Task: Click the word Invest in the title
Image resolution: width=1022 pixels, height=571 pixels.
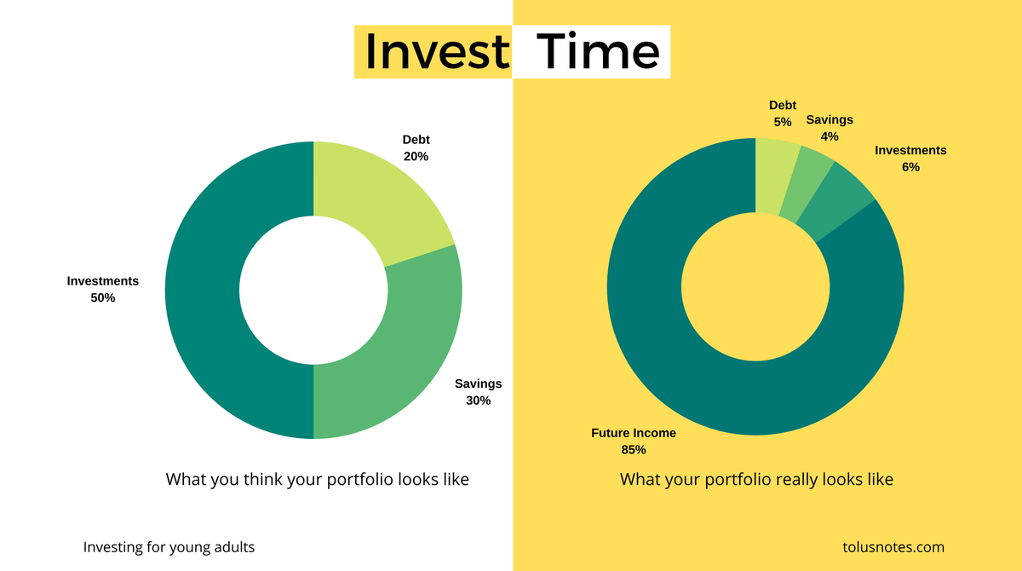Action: (436, 51)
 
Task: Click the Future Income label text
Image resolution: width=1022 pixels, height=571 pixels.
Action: (634, 433)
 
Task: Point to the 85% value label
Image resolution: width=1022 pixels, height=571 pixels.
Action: (634, 449)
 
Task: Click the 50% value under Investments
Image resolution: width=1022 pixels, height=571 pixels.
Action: (102, 298)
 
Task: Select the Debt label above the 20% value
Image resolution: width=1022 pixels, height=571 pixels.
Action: (416, 140)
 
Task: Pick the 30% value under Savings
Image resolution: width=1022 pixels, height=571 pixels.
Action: (478, 401)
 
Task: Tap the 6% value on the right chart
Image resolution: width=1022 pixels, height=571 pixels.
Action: (910, 167)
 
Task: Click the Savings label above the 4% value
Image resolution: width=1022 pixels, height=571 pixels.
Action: (830, 119)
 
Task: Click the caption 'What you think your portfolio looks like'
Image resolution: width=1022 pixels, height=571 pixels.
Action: (317, 480)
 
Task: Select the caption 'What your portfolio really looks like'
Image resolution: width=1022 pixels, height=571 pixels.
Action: (756, 480)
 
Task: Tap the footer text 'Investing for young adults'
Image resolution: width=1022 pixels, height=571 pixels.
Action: (169, 547)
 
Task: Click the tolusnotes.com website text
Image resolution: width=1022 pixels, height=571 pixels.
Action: (893, 547)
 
